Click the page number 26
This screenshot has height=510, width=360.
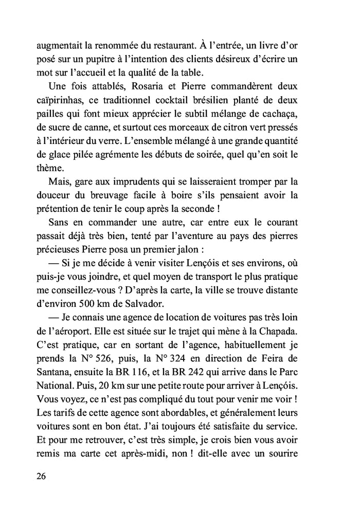tap(43, 476)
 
